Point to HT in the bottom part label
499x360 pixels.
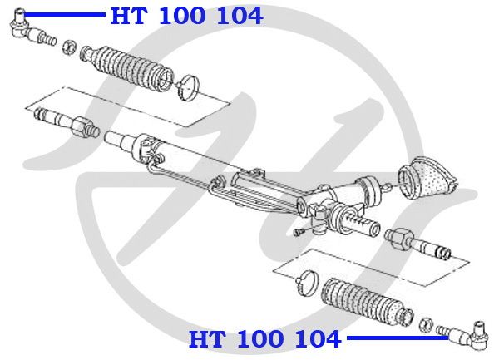(x=207, y=339)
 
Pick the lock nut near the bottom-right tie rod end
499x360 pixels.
(x=426, y=323)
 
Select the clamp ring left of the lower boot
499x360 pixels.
(x=308, y=281)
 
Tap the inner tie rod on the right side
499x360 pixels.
(x=420, y=245)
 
